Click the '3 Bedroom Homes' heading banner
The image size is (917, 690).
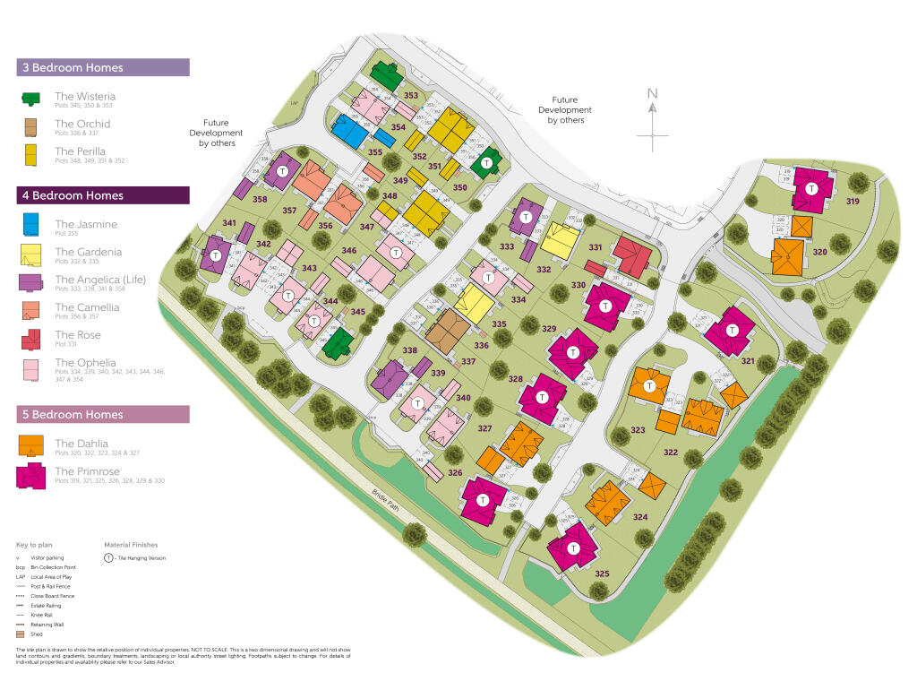click(102, 68)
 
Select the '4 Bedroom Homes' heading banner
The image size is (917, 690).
click(102, 195)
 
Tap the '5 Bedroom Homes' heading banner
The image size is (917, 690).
click(102, 414)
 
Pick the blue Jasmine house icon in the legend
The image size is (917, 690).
click(31, 225)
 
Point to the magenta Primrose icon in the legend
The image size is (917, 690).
click(31, 476)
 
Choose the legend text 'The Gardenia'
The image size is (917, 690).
click(88, 252)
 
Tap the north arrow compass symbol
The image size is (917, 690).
click(653, 117)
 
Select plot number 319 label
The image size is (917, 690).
click(852, 202)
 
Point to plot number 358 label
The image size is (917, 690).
click(260, 199)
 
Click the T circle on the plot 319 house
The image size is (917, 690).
click(812, 188)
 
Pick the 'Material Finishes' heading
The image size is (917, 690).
click(131, 544)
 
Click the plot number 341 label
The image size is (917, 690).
click(229, 223)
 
